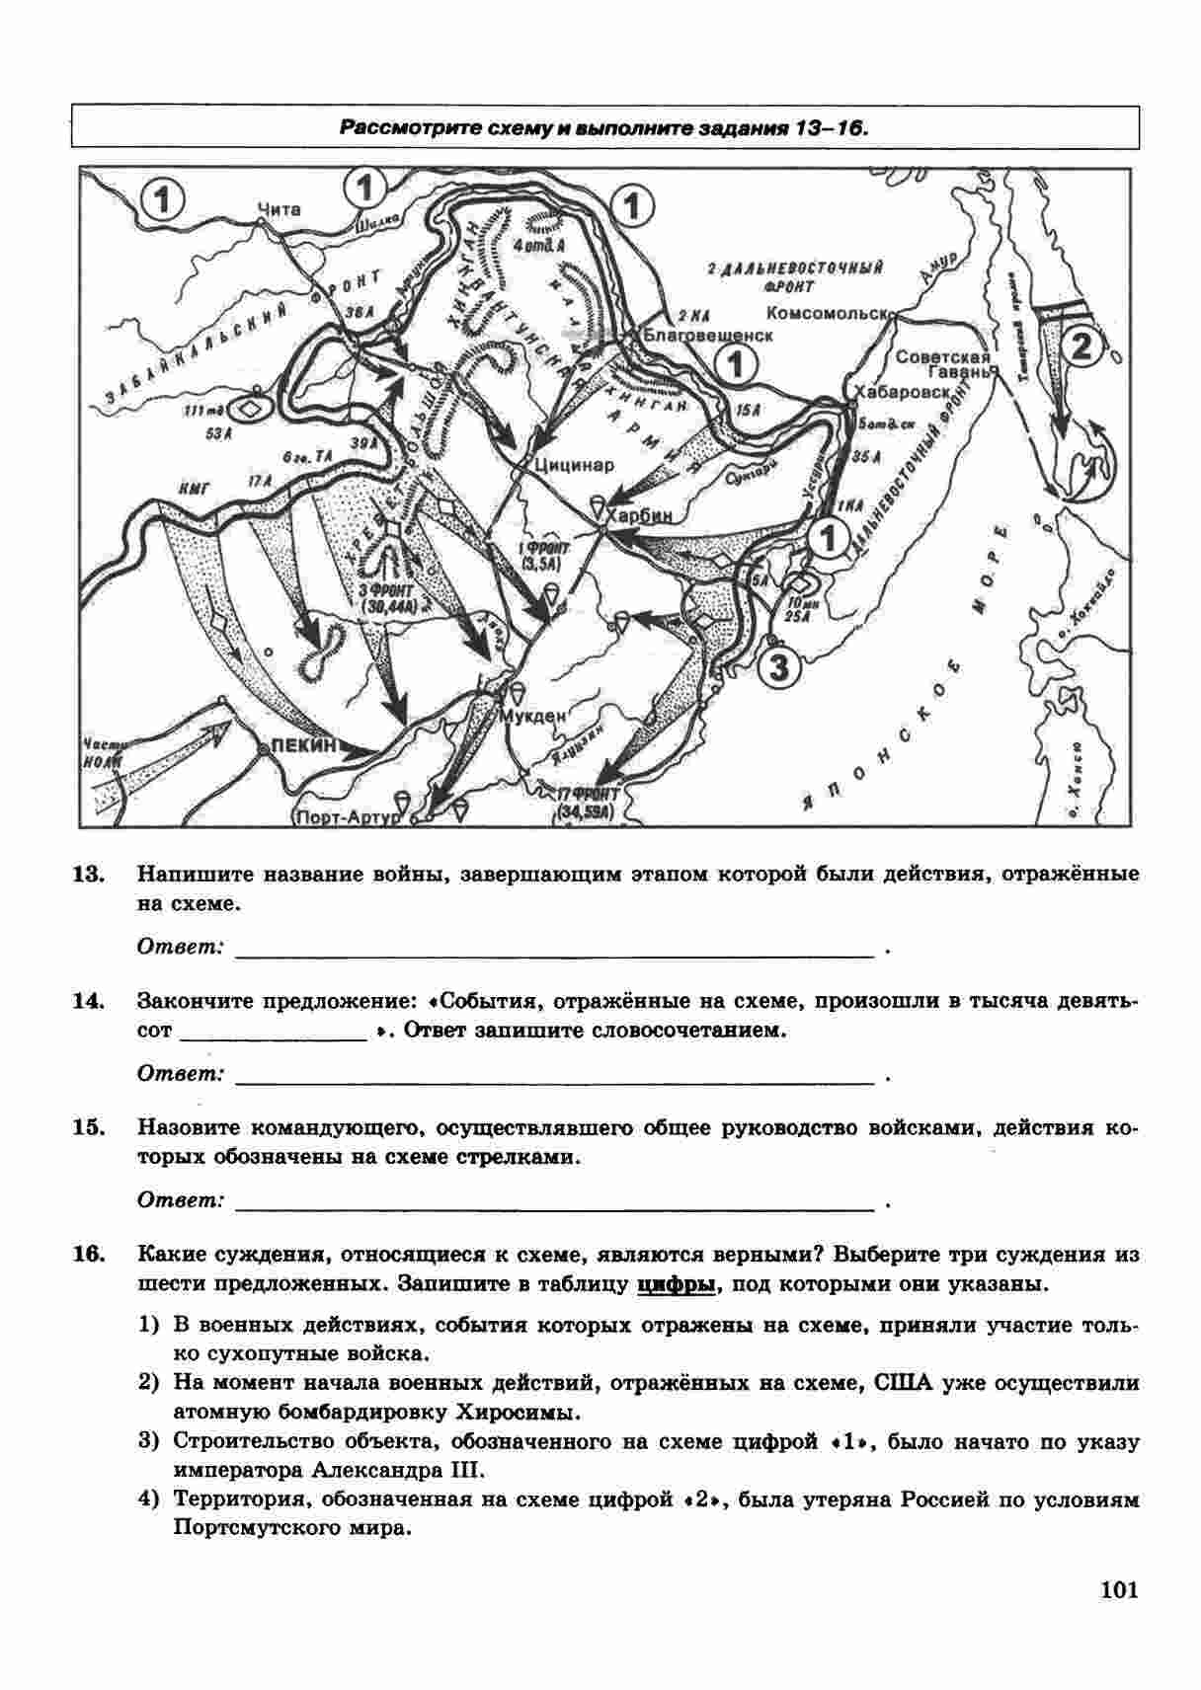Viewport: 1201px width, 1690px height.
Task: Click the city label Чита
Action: [278, 209]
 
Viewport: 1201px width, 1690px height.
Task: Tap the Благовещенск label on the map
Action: [707, 335]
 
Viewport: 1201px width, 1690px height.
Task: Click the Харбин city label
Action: [640, 515]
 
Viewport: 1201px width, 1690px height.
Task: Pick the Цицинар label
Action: [574, 464]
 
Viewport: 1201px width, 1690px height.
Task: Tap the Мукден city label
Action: [533, 716]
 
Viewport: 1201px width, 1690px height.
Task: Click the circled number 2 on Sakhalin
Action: [1081, 346]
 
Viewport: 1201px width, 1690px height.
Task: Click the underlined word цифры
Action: [677, 1284]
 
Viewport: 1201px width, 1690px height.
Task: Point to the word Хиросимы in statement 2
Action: [519, 1412]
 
